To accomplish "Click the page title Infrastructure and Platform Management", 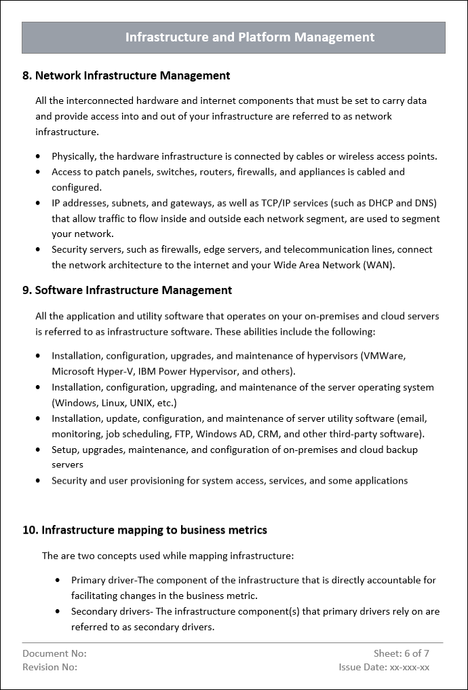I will [250, 37].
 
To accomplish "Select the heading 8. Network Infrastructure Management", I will [126, 75].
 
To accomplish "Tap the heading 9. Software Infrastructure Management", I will [127, 290].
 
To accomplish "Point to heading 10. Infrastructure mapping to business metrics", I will [144, 530].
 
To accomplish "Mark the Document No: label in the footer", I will [54, 653].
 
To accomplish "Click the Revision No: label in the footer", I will [50, 667].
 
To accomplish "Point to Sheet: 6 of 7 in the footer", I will [402, 653].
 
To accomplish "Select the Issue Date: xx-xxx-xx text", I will [384, 667].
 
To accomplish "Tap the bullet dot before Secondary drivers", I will [58, 611].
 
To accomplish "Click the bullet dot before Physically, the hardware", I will [39, 156].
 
